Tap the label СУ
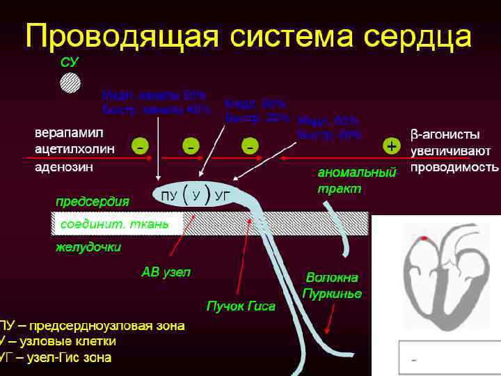tap(70, 63)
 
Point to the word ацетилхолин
tap(74, 149)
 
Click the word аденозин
tap(67, 167)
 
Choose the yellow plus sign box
tap(392, 146)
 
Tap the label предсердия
tap(93, 201)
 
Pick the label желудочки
tap(88, 247)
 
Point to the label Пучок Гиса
tap(241, 306)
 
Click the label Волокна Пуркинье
tap(333, 285)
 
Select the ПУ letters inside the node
tap(168, 196)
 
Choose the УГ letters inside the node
tap(223, 196)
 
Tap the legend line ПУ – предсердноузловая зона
tap(93, 325)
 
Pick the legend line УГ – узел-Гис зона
tap(56, 357)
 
